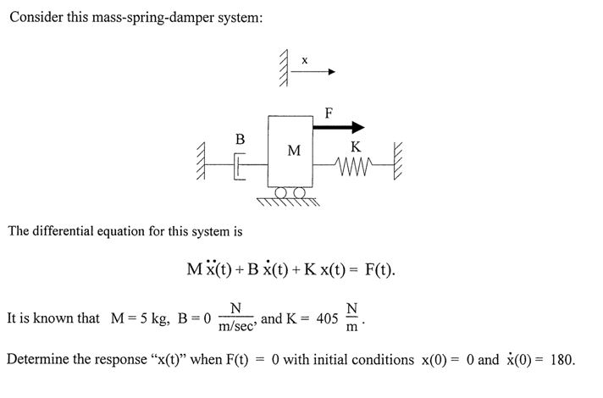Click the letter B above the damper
click(240, 137)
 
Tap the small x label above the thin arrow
click(305, 59)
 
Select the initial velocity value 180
click(562, 360)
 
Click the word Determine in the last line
click(36, 360)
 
